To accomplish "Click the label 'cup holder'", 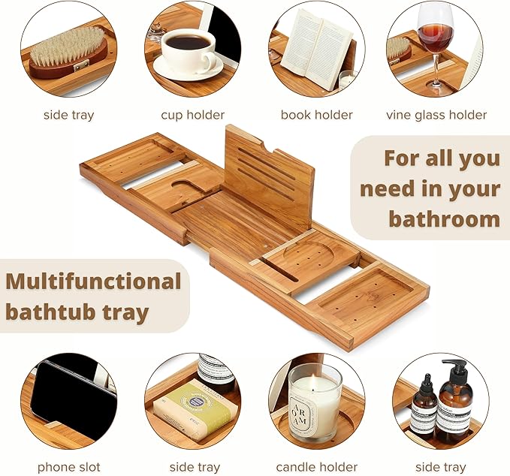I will (x=192, y=115).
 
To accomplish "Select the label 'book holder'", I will (x=316, y=115).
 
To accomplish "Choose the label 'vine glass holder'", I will (x=436, y=115).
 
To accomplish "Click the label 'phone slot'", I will (x=69, y=467).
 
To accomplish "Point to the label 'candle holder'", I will (x=316, y=467).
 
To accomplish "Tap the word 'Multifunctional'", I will (x=93, y=282).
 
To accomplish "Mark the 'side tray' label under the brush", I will (x=68, y=115).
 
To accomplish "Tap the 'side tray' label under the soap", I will (x=194, y=467).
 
